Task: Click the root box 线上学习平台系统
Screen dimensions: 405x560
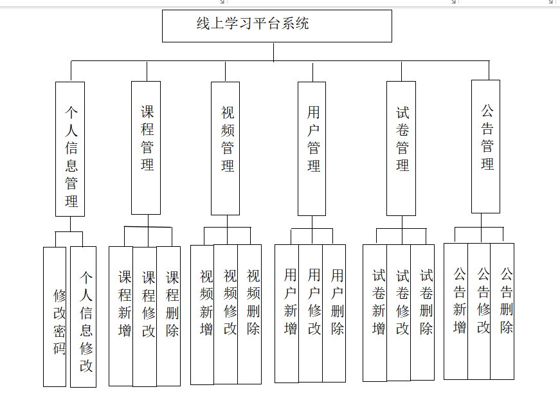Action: tap(276, 26)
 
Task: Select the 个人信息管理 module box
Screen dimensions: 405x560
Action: tap(70, 148)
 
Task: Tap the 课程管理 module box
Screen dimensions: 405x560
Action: tap(146, 147)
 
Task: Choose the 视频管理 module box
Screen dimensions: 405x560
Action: tap(225, 148)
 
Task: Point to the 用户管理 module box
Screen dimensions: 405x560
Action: tap(312, 148)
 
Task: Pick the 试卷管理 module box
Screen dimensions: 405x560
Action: tap(401, 148)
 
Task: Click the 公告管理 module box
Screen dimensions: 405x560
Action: tap(485, 146)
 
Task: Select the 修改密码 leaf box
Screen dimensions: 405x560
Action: tap(55, 316)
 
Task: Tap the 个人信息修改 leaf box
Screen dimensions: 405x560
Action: tap(84, 316)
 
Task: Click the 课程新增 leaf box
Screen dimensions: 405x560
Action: tap(121, 316)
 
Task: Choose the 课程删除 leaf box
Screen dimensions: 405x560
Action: tap(168, 316)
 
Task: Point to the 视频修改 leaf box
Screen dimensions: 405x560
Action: tap(226, 314)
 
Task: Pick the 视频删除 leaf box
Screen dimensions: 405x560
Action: tap(249, 314)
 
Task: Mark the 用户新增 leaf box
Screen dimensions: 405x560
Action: tap(287, 313)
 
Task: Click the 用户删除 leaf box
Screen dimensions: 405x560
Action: tap(334, 313)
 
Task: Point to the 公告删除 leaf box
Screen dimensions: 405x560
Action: tap(503, 311)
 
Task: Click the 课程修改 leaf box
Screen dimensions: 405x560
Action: tap(145, 316)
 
